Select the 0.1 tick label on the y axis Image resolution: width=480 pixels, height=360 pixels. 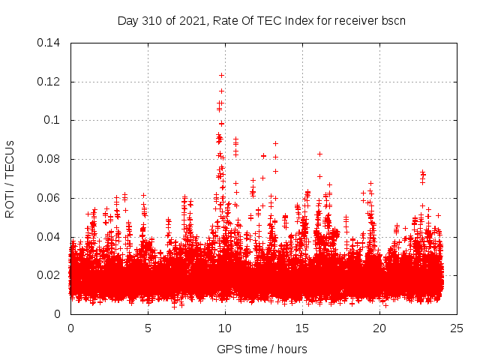[55, 120]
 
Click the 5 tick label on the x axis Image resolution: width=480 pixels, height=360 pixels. [148, 328]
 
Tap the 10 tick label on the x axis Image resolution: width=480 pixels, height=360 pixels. [225, 328]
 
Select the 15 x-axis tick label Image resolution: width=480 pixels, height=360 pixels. [302, 328]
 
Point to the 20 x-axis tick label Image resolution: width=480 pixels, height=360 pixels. [379, 328]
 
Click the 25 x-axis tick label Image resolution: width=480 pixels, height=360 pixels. [457, 328]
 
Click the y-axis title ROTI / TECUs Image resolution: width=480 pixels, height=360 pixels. [10, 178]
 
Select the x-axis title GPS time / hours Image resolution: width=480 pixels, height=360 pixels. [263, 349]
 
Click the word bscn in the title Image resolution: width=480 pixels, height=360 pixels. [393, 20]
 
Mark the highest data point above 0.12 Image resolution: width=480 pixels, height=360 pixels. [221, 75]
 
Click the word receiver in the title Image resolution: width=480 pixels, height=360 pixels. [355, 20]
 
